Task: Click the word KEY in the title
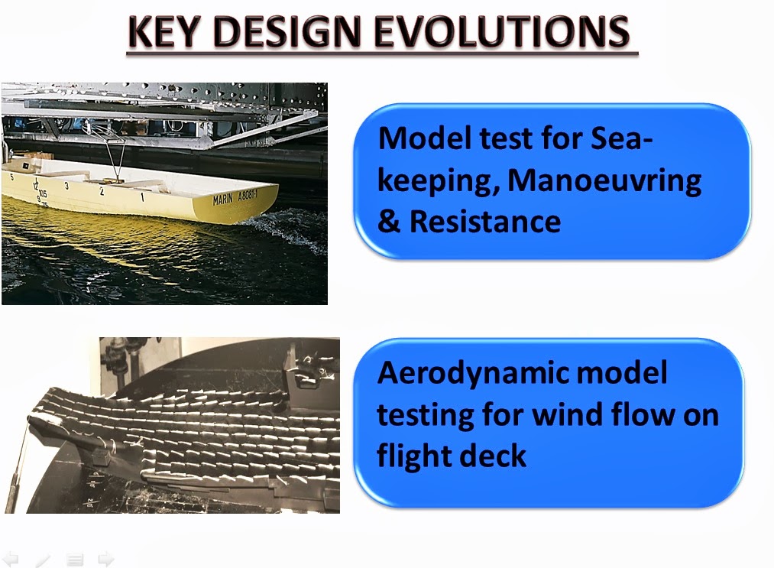[x=164, y=31]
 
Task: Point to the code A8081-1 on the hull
[x=248, y=195]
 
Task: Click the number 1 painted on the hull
[x=142, y=197]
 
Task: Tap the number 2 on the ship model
[x=102, y=191]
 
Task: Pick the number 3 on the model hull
[x=66, y=186]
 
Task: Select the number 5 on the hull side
[x=11, y=177]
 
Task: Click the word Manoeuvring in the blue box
[x=604, y=180]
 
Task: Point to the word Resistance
[x=484, y=221]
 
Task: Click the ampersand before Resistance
[x=389, y=221]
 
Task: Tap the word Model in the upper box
[x=425, y=138]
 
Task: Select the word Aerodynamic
[x=523, y=374]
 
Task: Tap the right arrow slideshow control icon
[x=105, y=559]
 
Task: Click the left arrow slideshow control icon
[x=11, y=559]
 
